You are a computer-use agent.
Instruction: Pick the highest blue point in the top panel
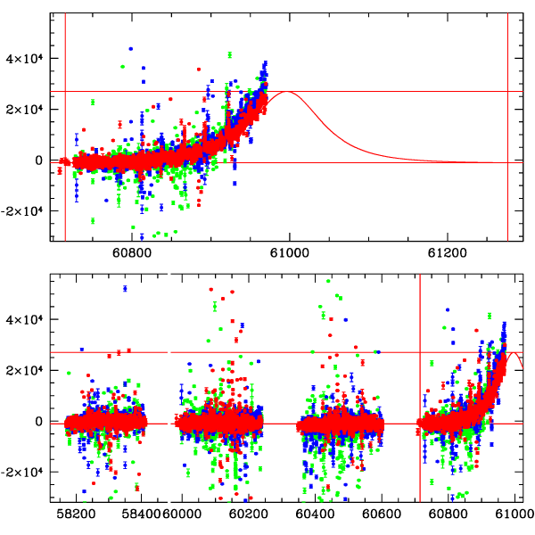pos(130,49)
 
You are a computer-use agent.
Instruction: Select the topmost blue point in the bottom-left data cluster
pos(125,288)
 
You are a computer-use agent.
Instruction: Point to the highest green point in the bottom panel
pos(327,281)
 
